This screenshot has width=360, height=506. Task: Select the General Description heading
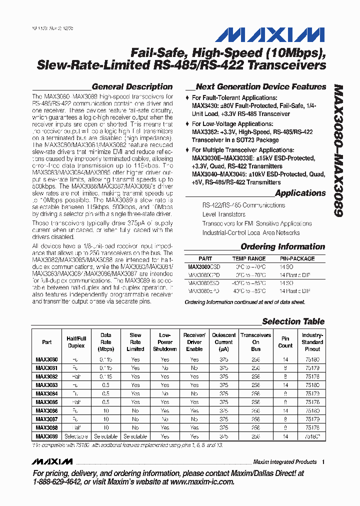tap(132, 86)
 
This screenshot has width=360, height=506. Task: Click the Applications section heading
tap(300, 193)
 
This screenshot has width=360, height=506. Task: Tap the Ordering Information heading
tap(282, 246)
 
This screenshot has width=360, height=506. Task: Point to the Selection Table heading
tap(293, 321)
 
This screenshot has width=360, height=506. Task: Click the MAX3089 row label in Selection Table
tap(46, 436)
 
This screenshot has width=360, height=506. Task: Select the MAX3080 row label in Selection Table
tap(46, 359)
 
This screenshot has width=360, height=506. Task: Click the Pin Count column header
tap(285, 342)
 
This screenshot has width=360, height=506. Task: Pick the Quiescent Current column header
tap(223, 342)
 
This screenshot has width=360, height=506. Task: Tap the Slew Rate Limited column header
tap(135, 342)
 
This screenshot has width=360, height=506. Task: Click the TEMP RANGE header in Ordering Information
tap(248, 258)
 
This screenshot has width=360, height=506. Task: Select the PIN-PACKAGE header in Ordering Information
tap(297, 258)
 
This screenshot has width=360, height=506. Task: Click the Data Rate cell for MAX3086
tap(106, 410)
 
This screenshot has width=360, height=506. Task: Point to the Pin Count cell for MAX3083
tap(285, 385)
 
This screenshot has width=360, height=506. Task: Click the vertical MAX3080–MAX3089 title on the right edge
tap(337, 150)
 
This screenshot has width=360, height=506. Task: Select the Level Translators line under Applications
tap(223, 214)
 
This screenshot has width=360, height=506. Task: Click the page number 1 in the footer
tap(323, 462)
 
